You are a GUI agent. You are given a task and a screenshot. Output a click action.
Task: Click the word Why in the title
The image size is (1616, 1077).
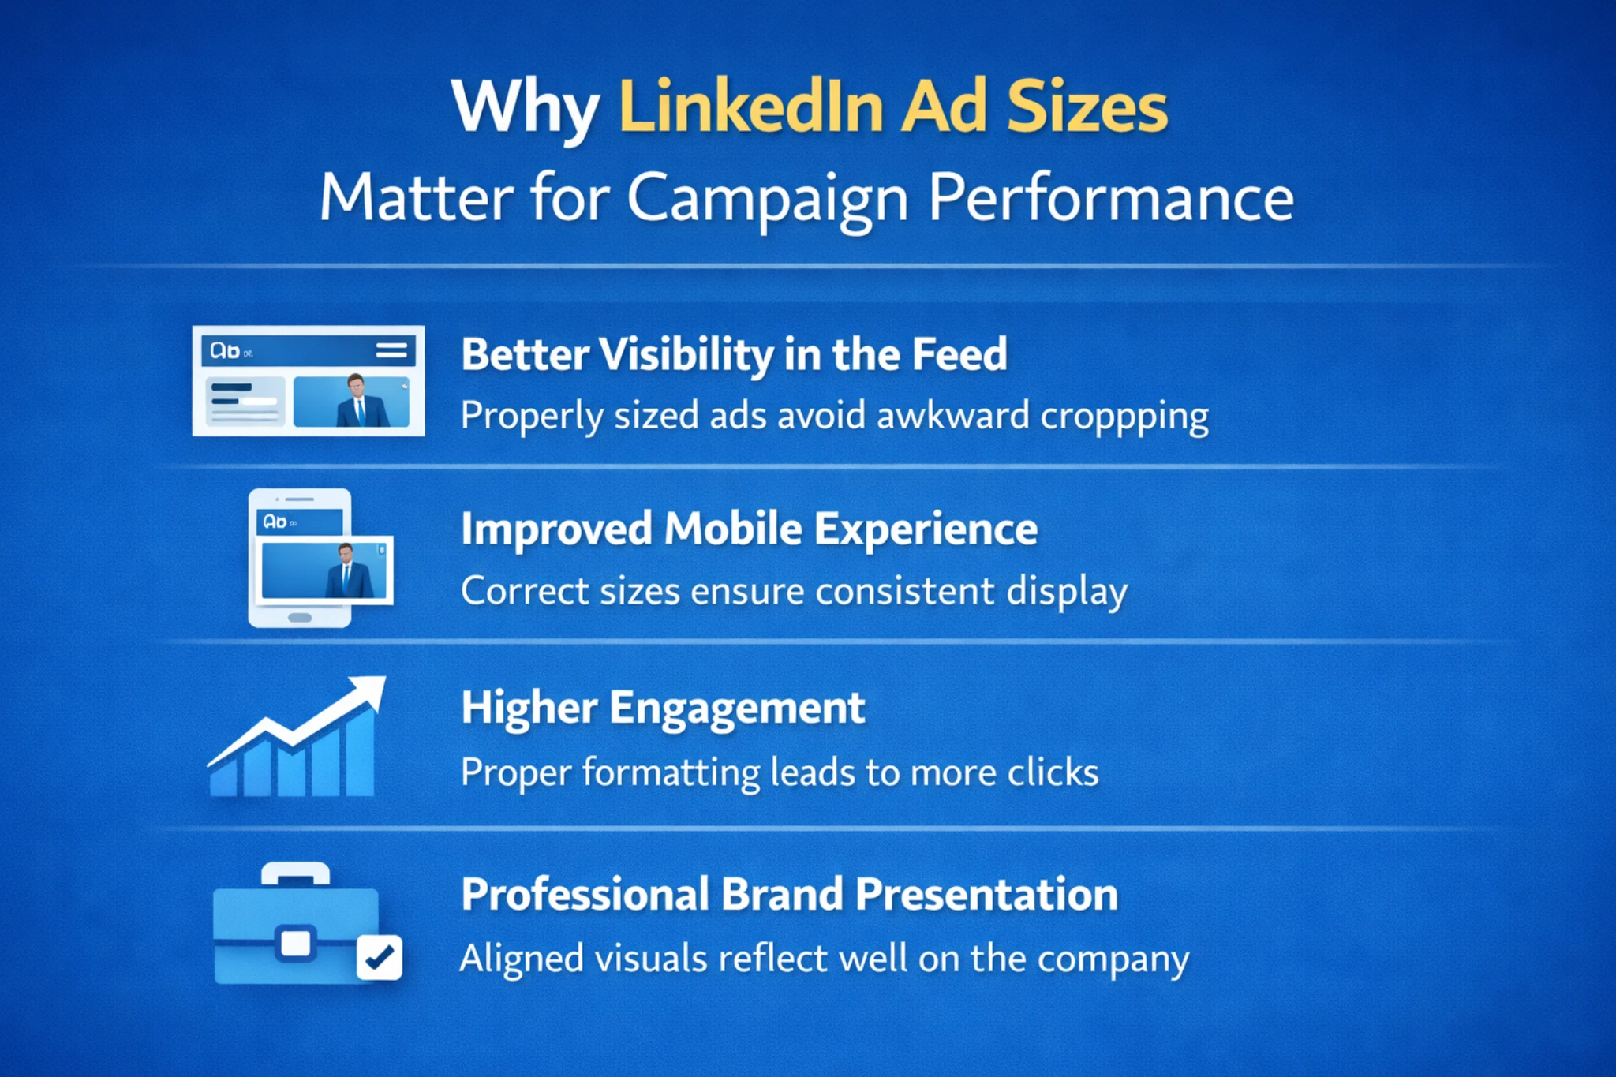point(524,109)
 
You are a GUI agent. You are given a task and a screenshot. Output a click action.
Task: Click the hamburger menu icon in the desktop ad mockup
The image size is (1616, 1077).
point(391,350)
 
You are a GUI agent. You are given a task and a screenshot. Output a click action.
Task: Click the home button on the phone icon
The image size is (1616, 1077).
point(300,617)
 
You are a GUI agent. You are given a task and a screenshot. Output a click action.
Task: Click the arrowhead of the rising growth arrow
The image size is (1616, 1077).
point(369,691)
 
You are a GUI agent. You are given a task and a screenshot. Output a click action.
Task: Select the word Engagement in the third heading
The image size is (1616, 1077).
point(737,708)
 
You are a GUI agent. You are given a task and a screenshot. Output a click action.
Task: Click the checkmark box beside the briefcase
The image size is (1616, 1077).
point(380,957)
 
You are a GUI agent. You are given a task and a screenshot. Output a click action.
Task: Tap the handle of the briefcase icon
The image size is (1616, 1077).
point(295,873)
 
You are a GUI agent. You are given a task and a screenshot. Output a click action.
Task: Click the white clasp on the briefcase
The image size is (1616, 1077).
point(296,943)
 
